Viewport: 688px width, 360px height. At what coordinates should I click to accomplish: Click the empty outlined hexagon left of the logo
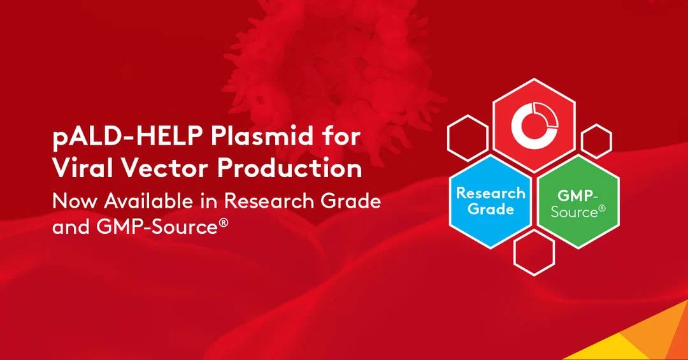pyautogui.click(x=468, y=137)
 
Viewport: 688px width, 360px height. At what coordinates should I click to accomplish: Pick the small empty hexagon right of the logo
pyautogui.click(x=596, y=140)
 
